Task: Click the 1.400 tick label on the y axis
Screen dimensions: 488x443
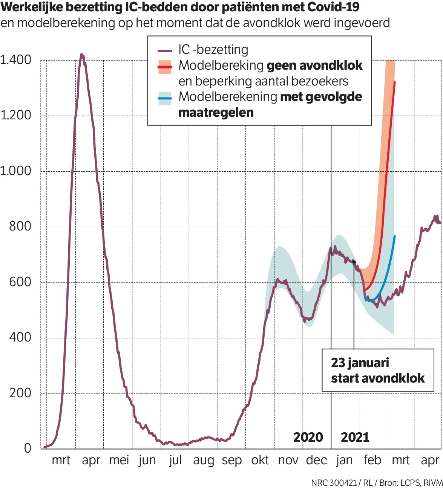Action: pos(16,60)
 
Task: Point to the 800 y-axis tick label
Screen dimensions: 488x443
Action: pos(20,226)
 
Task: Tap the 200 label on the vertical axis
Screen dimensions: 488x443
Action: pos(20,393)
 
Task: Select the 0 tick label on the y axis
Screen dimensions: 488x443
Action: pos(28,448)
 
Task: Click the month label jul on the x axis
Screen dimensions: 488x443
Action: pos(175,460)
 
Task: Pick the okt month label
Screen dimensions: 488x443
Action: pos(260,460)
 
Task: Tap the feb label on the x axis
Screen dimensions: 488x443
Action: pos(372,460)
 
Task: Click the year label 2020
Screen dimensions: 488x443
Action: pos(308,437)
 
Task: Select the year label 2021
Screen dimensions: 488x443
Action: pos(355,437)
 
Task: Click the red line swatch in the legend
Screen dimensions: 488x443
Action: pos(165,67)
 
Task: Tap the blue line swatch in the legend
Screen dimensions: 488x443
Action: pos(165,98)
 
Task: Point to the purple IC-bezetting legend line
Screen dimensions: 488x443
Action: pos(165,50)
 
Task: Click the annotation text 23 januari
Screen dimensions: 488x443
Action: pos(360,363)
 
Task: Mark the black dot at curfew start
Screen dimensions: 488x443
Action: pos(354,262)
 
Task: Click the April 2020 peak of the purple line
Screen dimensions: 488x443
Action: pos(81,55)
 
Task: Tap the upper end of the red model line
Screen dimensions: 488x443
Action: pos(394,82)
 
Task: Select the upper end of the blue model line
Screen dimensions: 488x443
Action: pos(395,236)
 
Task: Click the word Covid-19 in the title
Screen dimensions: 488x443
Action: pos(333,7)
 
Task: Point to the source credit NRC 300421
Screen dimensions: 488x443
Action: pos(334,483)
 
